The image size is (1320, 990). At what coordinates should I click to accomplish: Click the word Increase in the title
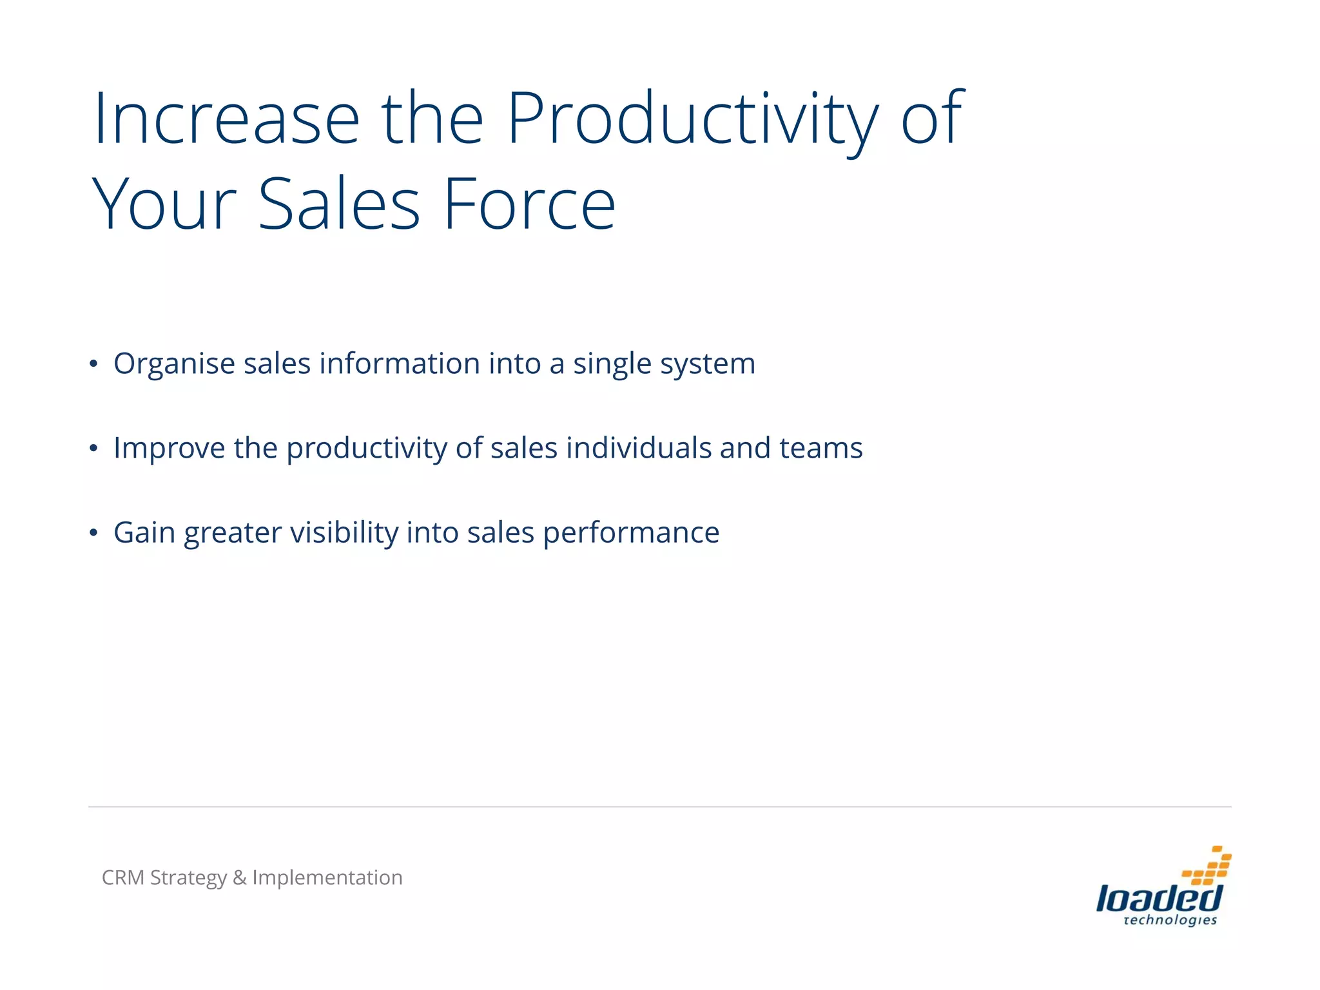click(226, 119)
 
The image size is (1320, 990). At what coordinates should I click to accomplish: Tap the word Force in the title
click(530, 205)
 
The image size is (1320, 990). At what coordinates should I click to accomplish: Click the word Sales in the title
click(339, 205)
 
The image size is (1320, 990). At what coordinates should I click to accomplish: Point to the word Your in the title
click(165, 205)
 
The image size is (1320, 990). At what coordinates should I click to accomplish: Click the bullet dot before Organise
click(94, 364)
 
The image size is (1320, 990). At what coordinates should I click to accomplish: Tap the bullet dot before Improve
click(94, 449)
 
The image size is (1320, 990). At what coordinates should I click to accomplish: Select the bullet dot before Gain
click(94, 533)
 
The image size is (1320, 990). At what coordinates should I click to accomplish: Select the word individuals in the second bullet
click(638, 448)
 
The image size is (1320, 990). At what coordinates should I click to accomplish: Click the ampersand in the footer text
click(240, 878)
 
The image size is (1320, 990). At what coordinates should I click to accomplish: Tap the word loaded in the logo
click(1158, 898)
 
